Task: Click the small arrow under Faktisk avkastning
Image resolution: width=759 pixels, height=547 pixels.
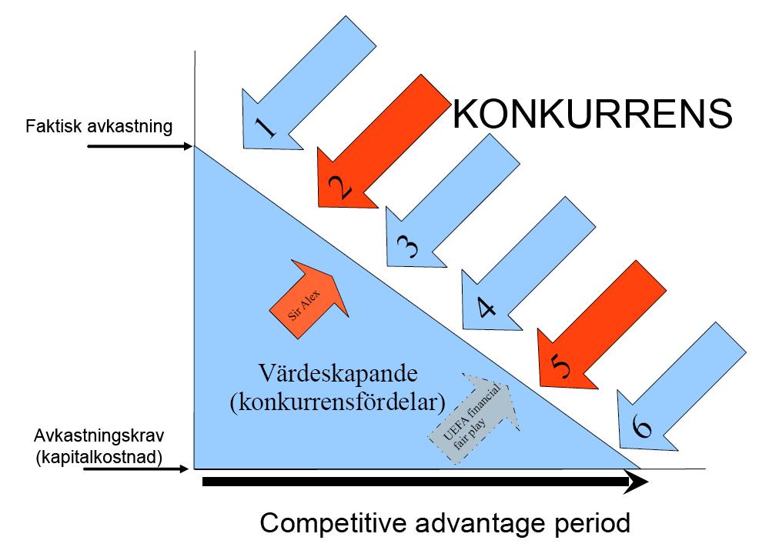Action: tap(139, 145)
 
